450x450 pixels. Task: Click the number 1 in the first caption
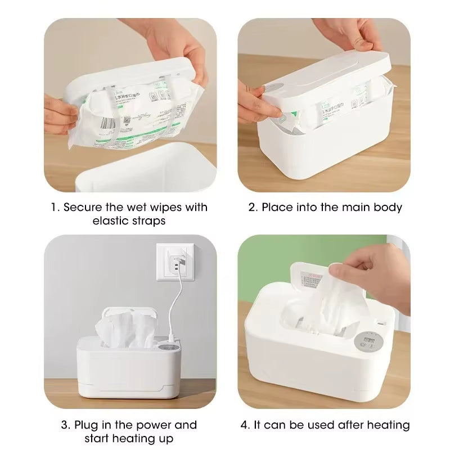point(55,207)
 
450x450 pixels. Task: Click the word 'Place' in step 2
point(278,207)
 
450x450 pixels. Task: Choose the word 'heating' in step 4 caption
point(389,425)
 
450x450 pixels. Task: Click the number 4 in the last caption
point(245,425)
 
